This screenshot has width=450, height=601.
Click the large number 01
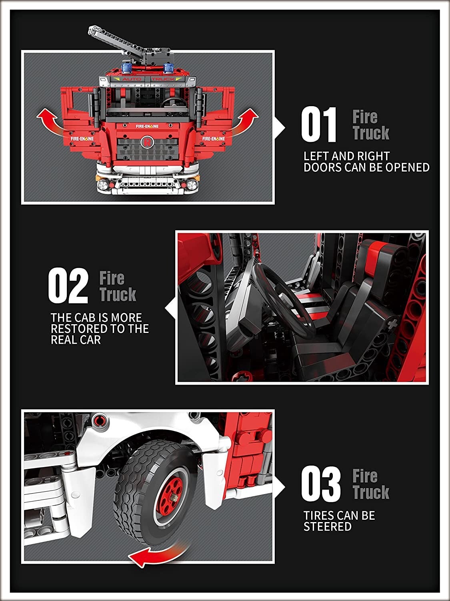click(318, 125)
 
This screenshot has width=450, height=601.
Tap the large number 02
click(68, 286)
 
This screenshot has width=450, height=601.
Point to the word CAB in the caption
click(82, 318)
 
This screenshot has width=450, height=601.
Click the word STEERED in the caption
click(328, 526)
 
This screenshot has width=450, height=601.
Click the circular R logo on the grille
click(148, 142)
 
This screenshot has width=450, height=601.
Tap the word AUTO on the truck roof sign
click(132, 79)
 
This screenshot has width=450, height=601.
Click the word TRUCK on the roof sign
click(163, 79)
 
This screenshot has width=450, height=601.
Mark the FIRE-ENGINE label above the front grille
click(147, 126)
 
